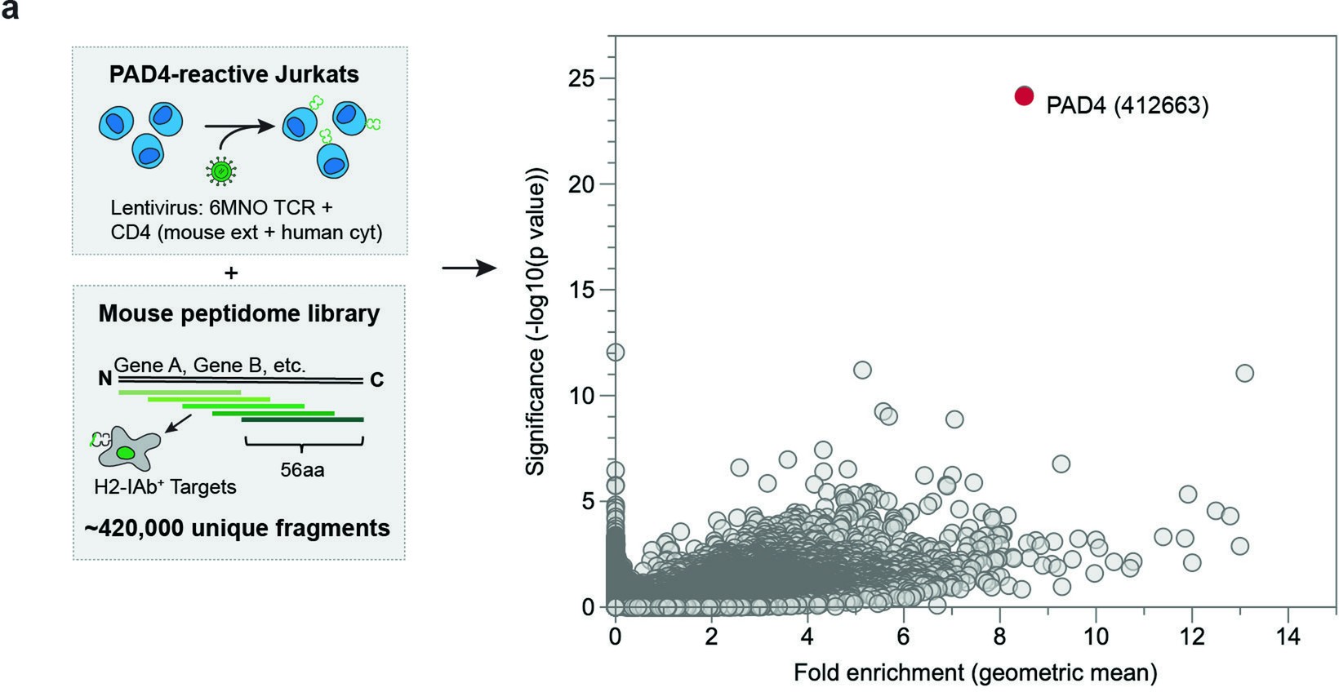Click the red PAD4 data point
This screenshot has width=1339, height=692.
1025,96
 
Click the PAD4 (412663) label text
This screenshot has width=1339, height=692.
1127,106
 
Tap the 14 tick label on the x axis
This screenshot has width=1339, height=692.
1288,637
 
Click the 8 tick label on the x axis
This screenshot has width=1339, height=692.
999,637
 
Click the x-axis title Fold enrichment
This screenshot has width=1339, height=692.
975,673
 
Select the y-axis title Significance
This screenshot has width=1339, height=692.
536,322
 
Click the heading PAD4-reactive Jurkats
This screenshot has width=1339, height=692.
234,74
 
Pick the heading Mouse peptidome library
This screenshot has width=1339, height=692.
239,314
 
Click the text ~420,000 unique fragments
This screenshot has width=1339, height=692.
238,529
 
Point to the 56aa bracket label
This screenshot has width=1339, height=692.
302,470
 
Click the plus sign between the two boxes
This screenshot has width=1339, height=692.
231,273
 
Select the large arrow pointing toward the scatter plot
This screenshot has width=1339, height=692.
469,268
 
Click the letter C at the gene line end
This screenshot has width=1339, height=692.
376,380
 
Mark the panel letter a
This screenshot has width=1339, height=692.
11,12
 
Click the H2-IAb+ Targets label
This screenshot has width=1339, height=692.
165,487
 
